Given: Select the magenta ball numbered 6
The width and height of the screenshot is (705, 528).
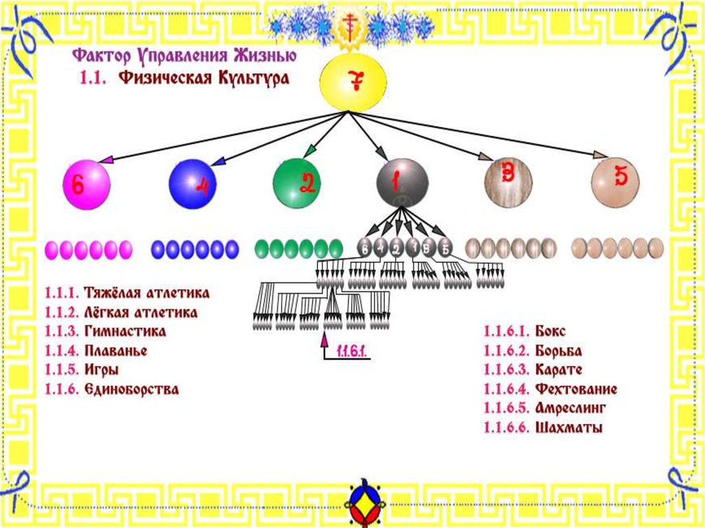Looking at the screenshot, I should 86,184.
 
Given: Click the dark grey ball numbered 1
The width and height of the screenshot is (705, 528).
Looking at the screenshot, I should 402,182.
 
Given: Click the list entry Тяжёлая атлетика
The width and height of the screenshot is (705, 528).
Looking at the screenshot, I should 147,293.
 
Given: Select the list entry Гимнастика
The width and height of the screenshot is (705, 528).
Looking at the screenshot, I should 125,332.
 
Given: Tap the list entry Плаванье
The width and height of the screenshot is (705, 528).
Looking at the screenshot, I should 116,351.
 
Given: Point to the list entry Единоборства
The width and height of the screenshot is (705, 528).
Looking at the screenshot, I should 131,390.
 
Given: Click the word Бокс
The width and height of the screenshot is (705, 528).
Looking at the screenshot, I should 549,332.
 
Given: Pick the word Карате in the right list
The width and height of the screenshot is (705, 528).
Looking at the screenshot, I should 558,370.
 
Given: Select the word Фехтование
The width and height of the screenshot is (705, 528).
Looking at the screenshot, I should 576,390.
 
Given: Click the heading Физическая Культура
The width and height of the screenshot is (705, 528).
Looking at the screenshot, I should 204,78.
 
